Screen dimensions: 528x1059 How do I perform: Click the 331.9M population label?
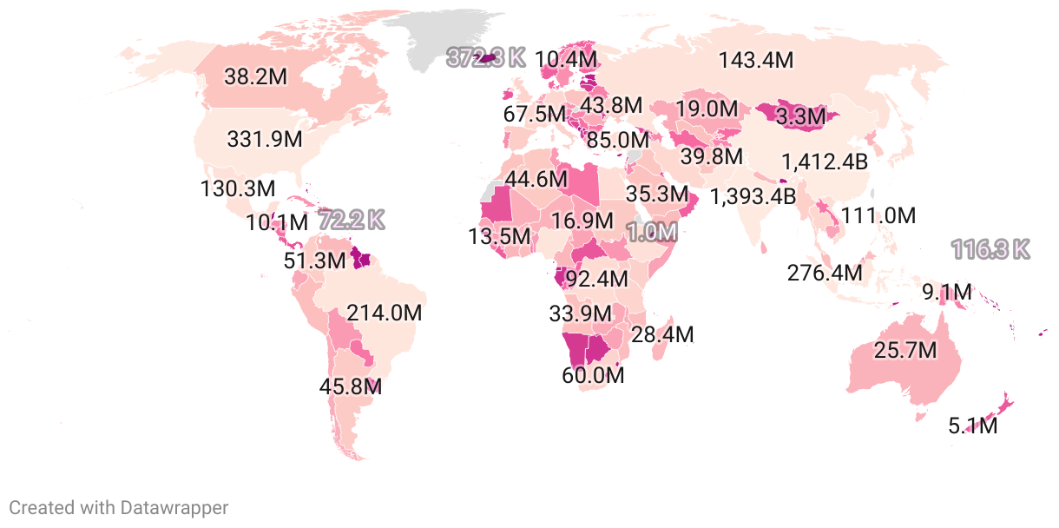[x=265, y=138]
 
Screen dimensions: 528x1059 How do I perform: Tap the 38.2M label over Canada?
[x=255, y=76]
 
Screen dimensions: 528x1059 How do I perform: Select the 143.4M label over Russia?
[x=756, y=61]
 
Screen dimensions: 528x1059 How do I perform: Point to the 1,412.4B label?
[x=825, y=162]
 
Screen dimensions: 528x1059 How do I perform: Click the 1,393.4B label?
[x=753, y=196]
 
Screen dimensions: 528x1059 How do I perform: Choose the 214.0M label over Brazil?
[x=384, y=313]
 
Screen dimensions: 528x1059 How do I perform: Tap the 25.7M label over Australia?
[x=905, y=351]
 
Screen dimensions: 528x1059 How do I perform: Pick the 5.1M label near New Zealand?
[x=973, y=426]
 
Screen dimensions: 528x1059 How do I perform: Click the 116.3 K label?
[x=990, y=250]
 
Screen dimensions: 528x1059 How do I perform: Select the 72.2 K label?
[x=351, y=220]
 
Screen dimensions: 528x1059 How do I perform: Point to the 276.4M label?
[x=825, y=273]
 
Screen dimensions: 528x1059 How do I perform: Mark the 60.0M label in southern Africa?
[x=594, y=376]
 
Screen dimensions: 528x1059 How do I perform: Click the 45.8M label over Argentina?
[x=351, y=386]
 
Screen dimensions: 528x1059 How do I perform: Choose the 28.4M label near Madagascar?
[x=662, y=334]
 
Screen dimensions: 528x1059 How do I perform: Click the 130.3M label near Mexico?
[x=237, y=188]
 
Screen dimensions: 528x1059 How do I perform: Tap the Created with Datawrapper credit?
[x=119, y=508]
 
